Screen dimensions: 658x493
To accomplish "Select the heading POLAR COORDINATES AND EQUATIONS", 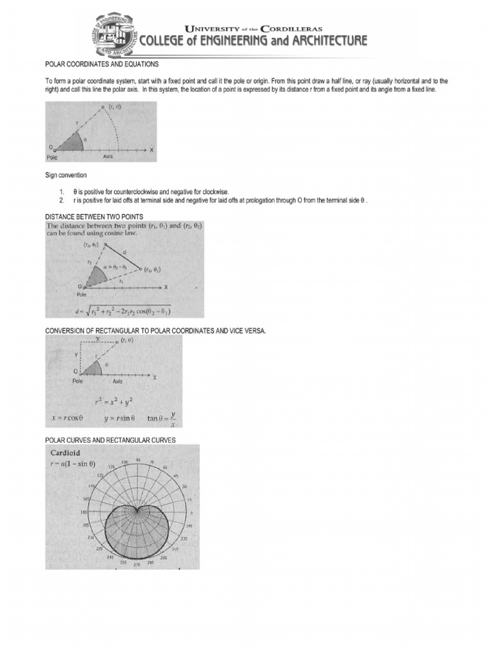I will pyautogui.click(x=101, y=65).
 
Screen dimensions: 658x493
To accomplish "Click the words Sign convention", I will pyautogui.click(x=65, y=174).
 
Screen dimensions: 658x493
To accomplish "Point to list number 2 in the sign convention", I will pyautogui.click(x=62, y=200).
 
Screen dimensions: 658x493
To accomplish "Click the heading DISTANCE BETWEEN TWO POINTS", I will pyautogui.click(x=94, y=216).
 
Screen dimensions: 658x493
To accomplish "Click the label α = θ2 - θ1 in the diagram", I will pyautogui.click(x=116, y=265).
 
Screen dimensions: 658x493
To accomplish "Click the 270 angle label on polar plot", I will pyautogui.click(x=137, y=565).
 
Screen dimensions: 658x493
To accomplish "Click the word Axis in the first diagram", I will pyautogui.click(x=108, y=156).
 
